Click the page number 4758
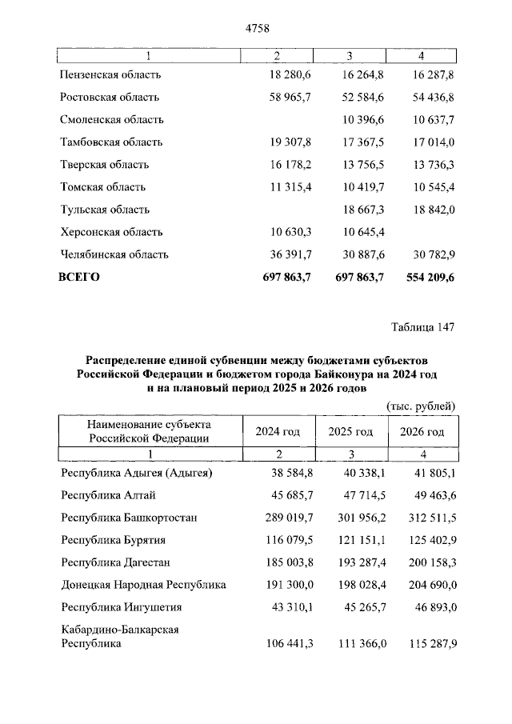click(x=256, y=28)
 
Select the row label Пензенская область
click(x=110, y=74)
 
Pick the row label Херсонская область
click(x=111, y=232)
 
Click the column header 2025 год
click(x=350, y=432)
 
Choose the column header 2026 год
click(x=422, y=432)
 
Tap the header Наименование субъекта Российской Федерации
click(x=150, y=432)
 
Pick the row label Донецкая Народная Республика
click(x=143, y=585)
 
